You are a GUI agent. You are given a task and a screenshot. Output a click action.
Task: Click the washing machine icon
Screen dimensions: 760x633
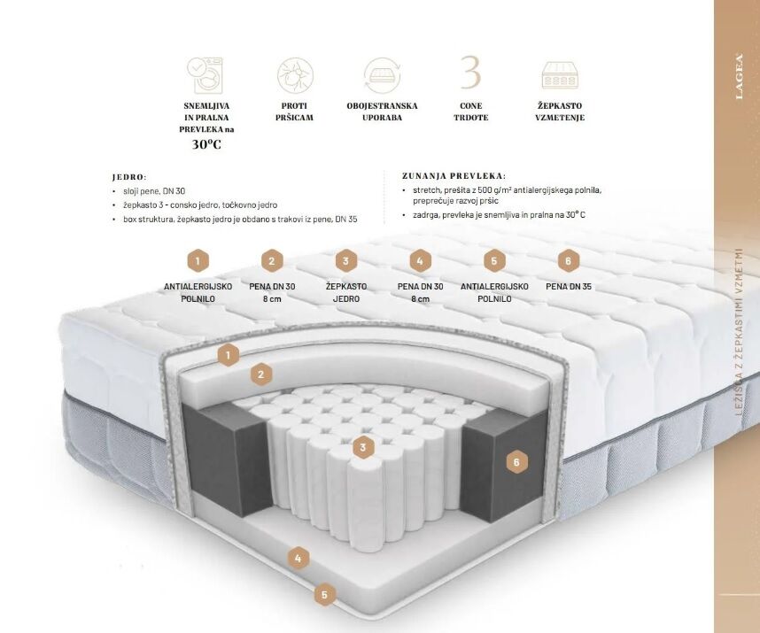click(x=206, y=75)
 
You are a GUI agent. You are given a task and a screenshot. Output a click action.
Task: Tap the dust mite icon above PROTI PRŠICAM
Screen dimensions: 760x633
click(x=295, y=75)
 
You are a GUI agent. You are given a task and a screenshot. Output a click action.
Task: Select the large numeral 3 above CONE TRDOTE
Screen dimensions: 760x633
click(x=470, y=73)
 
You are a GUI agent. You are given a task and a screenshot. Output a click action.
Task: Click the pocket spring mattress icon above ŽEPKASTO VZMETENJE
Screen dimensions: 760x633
click(x=561, y=75)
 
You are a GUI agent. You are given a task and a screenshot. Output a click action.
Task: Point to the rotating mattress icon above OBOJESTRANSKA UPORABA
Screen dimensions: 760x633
click(x=383, y=75)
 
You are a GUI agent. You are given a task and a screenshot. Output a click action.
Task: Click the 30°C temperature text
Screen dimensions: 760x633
click(x=206, y=144)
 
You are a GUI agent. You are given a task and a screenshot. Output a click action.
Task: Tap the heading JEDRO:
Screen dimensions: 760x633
click(x=129, y=177)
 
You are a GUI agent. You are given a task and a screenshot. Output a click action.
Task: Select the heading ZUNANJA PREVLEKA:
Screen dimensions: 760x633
click(x=454, y=176)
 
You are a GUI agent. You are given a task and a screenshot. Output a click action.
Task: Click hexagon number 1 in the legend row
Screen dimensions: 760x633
click(x=198, y=261)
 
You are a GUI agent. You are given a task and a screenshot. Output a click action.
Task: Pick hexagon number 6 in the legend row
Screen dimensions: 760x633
click(x=568, y=261)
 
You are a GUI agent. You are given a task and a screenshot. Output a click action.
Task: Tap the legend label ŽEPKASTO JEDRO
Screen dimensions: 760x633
click(x=346, y=292)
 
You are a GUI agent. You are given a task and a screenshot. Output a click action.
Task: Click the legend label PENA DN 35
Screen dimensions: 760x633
click(x=569, y=286)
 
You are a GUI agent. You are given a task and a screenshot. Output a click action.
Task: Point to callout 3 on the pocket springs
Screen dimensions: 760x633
click(x=362, y=447)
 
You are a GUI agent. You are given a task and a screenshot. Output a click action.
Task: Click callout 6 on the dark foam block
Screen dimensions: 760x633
click(x=516, y=462)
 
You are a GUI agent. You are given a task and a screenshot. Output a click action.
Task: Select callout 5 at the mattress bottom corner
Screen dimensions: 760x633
click(x=325, y=594)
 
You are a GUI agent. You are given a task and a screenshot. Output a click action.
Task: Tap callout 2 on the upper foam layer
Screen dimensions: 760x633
click(x=260, y=374)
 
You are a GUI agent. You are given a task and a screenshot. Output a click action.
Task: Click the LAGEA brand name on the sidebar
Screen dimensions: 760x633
click(x=739, y=76)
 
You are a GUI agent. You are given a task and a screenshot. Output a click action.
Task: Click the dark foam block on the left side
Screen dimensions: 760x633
click(x=227, y=458)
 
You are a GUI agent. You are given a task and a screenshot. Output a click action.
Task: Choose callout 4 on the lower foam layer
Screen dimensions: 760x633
click(x=299, y=559)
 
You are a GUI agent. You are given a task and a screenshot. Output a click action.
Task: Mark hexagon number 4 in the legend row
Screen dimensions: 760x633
click(x=420, y=261)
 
